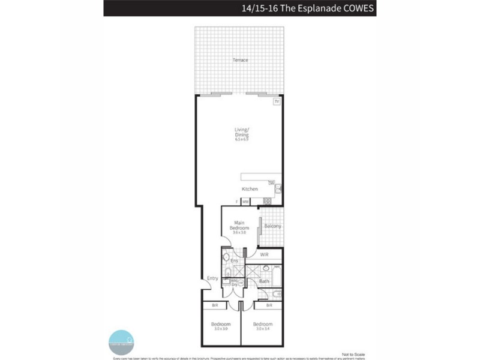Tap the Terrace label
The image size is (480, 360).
241,60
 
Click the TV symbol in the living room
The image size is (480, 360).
276,102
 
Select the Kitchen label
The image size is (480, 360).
250,189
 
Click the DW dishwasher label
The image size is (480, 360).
271,182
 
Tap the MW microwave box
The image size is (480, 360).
245,202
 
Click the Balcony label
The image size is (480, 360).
272,226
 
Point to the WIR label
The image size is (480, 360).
264,255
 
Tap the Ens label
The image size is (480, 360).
235,261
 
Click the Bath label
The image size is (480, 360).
264,281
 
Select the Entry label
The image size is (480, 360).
212,278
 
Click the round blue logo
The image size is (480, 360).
121,341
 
